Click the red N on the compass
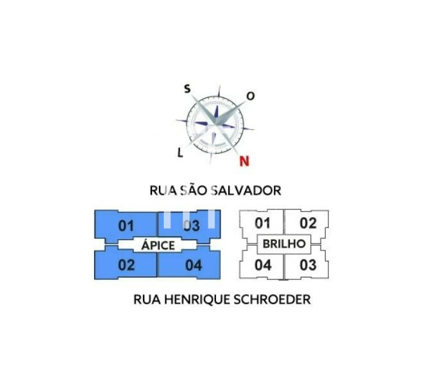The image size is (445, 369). pos(244,161)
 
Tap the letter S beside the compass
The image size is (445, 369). pos(187,89)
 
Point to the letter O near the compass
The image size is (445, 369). pos(250,97)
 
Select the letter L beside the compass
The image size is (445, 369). pos(180,153)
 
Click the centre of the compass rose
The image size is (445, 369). pos(215,125)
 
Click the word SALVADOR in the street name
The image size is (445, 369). pos(246,190)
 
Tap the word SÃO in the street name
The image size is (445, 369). pos(194,190)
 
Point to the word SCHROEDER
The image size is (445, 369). pos(272,300)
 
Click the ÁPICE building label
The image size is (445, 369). pos(158,245)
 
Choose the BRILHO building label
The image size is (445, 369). pos(284,243)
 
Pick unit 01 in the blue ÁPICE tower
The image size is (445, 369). pos(126,226)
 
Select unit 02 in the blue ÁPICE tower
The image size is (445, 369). pos(126,265)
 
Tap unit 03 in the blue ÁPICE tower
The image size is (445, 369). pos(192,225)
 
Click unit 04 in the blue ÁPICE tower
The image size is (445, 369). pos(194,265)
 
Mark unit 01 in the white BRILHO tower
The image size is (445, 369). pos(262,223)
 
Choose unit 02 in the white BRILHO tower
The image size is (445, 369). pos(308,223)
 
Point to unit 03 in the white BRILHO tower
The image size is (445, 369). pos(308,265)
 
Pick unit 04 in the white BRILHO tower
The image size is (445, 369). pos(263,265)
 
